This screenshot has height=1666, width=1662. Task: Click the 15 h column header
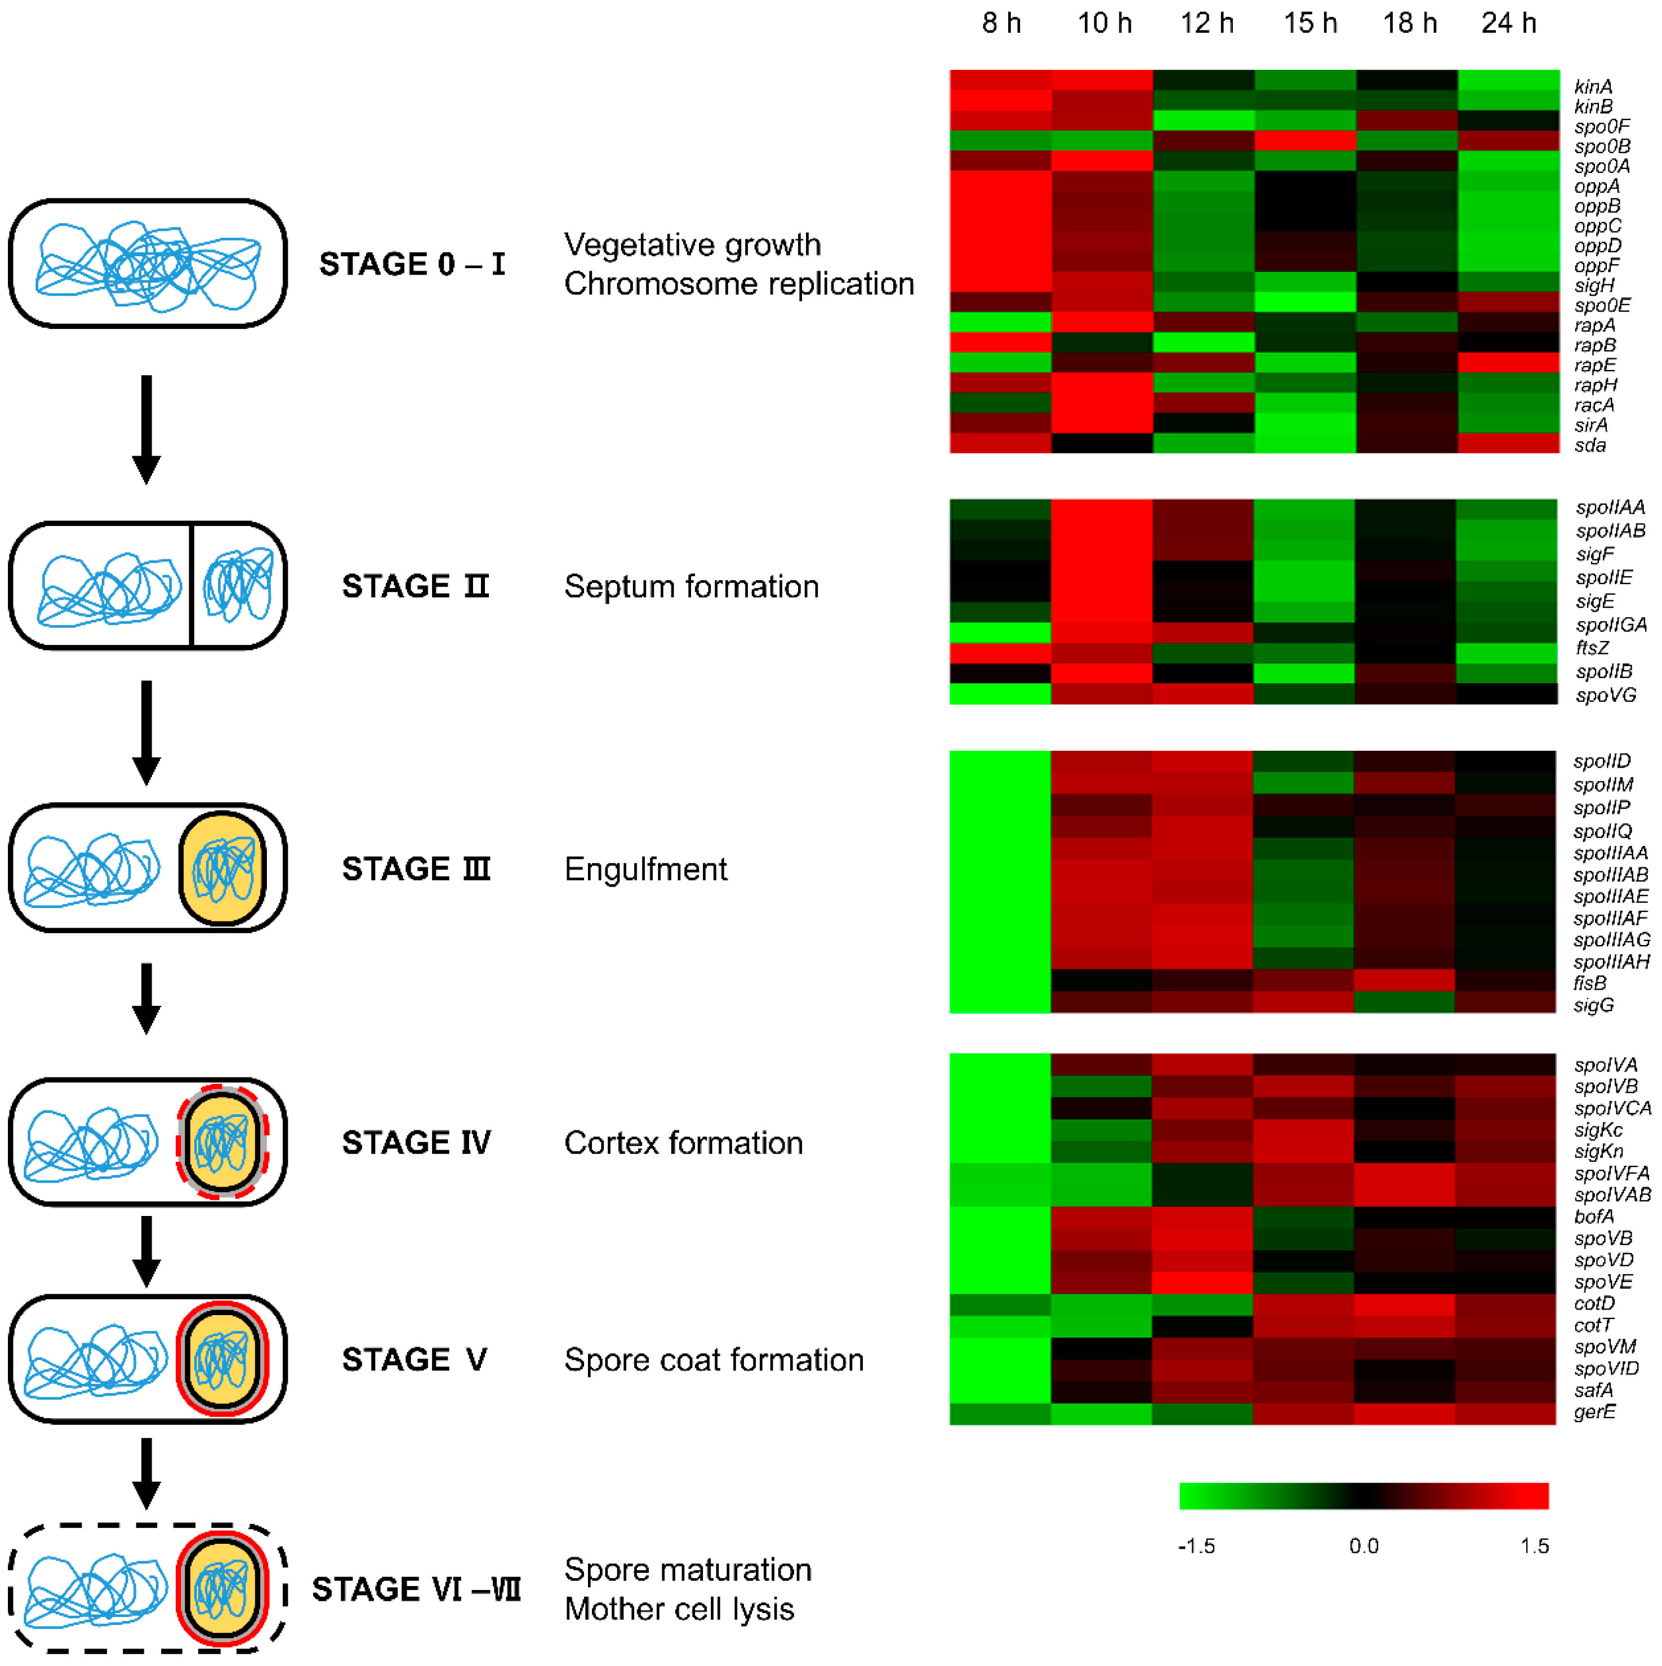pos(1309,23)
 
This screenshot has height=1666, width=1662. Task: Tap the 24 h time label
pos(1508,23)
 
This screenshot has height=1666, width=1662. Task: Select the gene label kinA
pos(1592,87)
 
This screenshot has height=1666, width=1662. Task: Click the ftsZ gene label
pos(1592,648)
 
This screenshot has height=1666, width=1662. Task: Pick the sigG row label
pos(1593,1005)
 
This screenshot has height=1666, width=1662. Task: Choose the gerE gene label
pos(1594,1411)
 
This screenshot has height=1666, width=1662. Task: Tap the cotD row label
pos(1594,1303)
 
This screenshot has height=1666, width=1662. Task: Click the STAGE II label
pos(415,586)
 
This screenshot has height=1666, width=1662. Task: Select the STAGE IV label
pos(416,1143)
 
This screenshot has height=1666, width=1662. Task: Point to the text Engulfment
pos(645,869)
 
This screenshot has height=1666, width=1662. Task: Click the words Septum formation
pos(691,586)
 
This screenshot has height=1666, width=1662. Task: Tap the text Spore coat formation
pos(713,1360)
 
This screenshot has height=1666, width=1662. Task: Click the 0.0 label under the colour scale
pos(1364,1545)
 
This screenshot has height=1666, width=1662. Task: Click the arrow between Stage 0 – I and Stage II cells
pos(146,429)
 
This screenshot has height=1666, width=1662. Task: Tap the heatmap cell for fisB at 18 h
pos(1405,981)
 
